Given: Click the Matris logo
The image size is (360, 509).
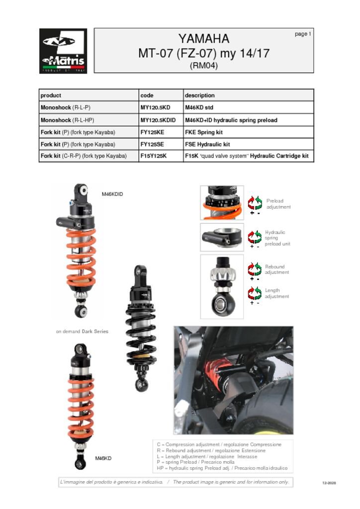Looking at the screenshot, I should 63,51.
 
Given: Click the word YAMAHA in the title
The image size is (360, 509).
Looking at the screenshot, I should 204,39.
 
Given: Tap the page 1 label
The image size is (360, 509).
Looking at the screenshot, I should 302,34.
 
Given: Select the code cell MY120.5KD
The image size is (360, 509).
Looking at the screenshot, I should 155,107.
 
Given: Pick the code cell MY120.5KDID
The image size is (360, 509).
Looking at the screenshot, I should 158,120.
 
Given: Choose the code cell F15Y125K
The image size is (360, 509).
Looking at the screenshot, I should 154,156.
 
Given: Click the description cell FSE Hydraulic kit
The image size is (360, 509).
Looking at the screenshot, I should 207,144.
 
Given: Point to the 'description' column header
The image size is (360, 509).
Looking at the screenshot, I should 200,95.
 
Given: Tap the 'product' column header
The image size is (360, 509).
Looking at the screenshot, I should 51,95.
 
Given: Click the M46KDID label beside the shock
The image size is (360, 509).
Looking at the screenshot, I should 112,194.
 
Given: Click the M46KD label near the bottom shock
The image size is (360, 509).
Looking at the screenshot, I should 103,458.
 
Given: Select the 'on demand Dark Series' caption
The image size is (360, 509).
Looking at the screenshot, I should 82,331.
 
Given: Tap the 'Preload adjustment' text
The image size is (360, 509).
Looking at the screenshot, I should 278,204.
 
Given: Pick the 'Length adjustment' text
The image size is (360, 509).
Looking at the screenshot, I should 276,293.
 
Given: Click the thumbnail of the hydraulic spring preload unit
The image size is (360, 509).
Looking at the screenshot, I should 222,237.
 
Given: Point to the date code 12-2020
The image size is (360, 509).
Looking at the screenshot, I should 329,483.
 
